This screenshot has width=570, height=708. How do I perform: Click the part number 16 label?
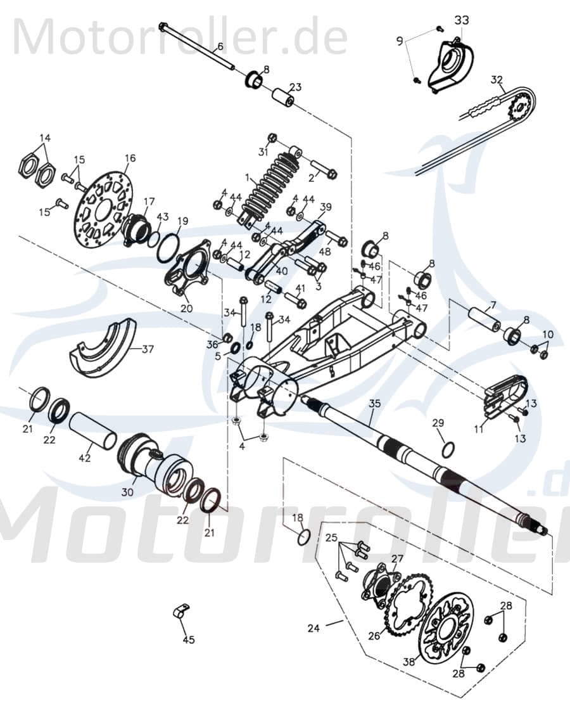(x=130, y=158)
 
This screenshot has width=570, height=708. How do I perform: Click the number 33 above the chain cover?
(x=462, y=20)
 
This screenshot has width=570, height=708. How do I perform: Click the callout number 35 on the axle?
(x=374, y=403)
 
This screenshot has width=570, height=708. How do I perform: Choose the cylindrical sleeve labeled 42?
(x=92, y=431)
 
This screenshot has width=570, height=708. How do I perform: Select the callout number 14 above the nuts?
(x=45, y=138)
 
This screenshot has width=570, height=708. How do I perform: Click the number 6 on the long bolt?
(x=220, y=46)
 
